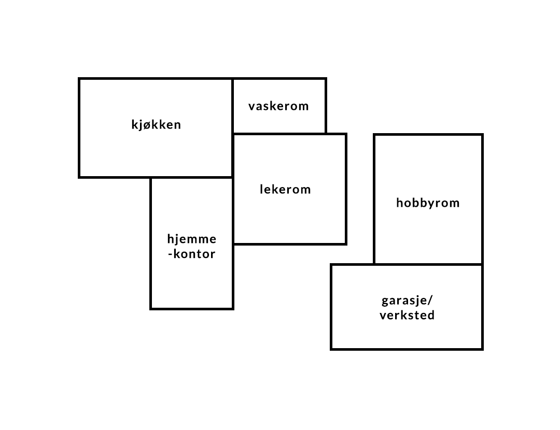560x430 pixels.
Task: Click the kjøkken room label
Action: tap(156, 124)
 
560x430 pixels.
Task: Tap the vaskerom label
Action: tap(278, 106)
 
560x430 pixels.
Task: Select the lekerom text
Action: tap(285, 189)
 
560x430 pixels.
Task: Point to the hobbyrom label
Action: tap(428, 203)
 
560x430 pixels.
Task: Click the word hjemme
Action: tap(192, 239)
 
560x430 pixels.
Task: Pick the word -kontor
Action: tap(192, 254)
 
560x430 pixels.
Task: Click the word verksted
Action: tap(407, 315)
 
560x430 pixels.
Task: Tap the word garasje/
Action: tap(407, 300)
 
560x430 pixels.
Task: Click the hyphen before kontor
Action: tap(171, 254)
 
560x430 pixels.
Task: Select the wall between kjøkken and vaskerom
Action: tap(232, 106)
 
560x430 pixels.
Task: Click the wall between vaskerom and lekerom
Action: tap(279, 134)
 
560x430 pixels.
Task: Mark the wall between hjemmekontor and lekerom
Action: tap(233, 211)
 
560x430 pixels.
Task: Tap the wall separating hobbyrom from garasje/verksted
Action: tap(428, 264)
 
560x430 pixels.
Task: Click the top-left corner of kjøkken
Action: tap(79, 79)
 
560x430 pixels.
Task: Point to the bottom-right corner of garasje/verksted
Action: tap(483, 349)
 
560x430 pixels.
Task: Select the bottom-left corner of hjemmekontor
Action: tap(151, 309)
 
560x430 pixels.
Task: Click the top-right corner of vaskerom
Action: tap(326, 79)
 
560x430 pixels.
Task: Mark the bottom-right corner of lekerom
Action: tap(346, 244)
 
